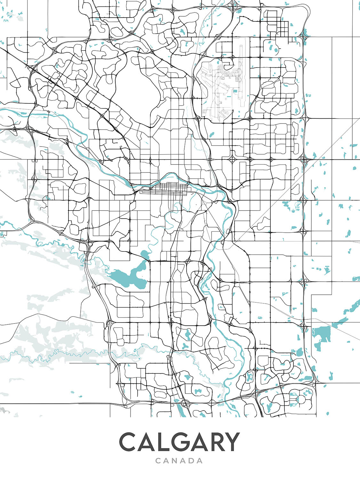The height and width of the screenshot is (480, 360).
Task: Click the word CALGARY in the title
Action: click(179, 442)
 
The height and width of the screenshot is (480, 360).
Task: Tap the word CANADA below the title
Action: click(179, 461)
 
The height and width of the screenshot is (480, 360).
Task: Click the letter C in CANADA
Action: click(158, 461)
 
